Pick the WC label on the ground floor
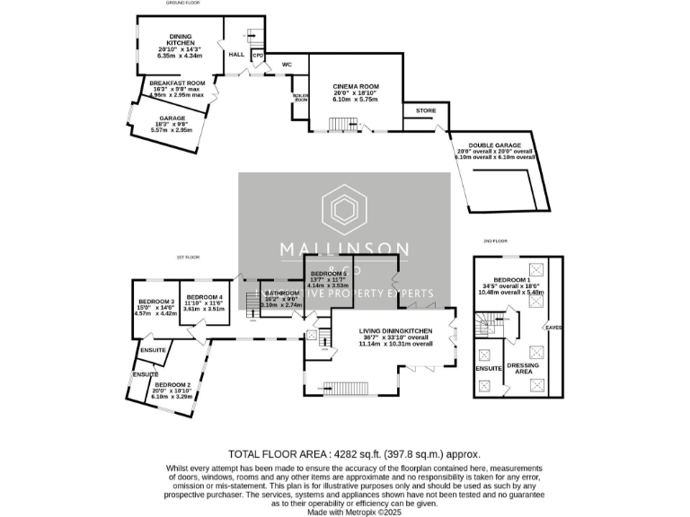pos(287,65)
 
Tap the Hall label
pos(236,55)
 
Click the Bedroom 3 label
pos(156,302)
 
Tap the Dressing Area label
pos(523,369)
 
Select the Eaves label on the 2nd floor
pos(554,329)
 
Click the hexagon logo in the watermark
pos(344,209)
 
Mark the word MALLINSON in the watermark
pos(344,249)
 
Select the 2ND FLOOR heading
pos(495,241)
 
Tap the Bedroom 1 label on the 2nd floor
pos(516,281)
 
